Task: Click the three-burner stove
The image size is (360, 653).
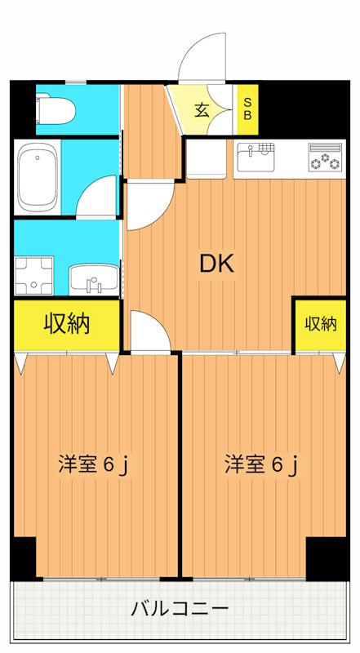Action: pos(326,157)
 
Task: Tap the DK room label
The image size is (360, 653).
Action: pos(217,263)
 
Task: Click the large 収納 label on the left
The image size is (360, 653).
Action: pos(67,324)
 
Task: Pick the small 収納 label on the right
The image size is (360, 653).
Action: pos(321,324)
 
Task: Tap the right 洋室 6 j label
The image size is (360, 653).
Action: pos(262,465)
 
